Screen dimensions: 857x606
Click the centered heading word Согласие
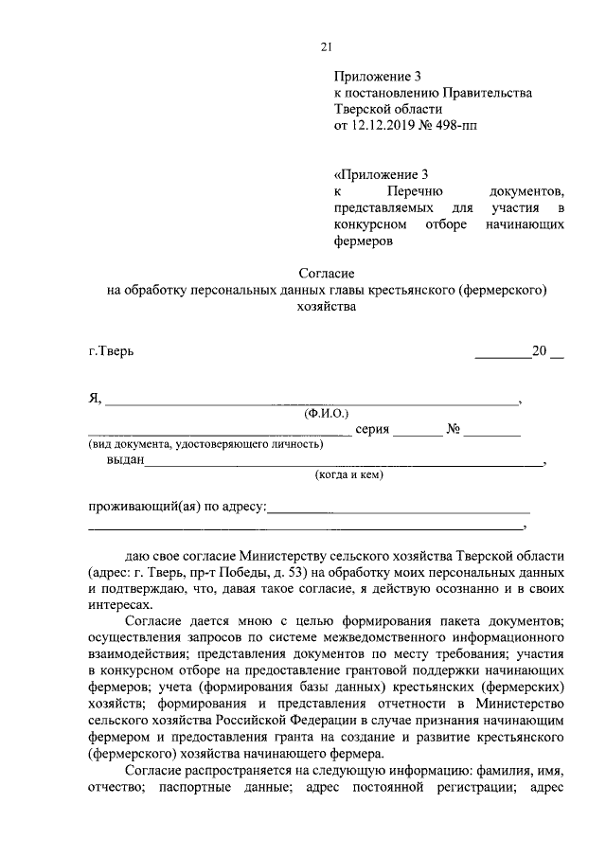coord(327,273)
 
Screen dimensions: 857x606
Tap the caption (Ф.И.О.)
coord(327,413)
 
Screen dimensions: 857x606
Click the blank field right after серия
coord(418,432)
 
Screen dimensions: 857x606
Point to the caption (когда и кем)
coord(348,475)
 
